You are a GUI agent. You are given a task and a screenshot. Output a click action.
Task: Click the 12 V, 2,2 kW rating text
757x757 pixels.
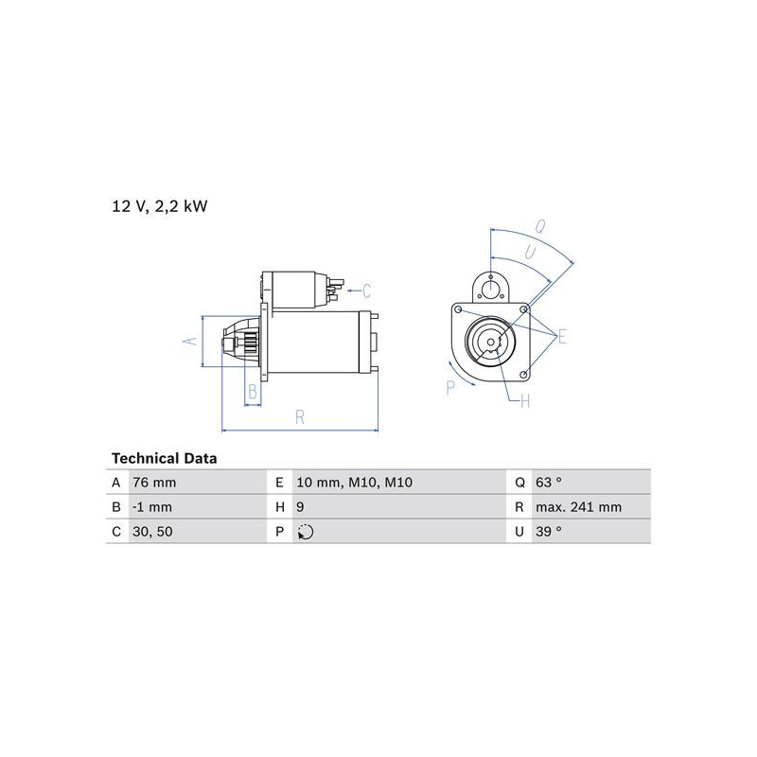coord(160,206)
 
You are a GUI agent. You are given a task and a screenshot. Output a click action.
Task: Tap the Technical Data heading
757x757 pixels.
coord(164,458)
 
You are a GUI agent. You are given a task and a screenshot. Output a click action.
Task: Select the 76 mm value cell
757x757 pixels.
coord(154,483)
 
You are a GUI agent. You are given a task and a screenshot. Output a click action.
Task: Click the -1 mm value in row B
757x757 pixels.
coord(152,507)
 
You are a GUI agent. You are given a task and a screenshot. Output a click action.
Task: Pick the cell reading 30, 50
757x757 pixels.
coord(152,532)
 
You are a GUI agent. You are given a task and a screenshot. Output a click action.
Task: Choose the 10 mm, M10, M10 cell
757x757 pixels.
coord(354,483)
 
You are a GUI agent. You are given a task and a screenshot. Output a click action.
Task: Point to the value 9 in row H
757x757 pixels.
coord(300,507)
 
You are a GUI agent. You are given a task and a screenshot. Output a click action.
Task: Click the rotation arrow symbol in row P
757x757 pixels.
coord(306,532)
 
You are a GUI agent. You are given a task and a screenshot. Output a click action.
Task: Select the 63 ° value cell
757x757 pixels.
coord(549,483)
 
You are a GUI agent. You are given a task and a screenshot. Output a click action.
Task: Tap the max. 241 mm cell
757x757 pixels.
coord(578,507)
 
